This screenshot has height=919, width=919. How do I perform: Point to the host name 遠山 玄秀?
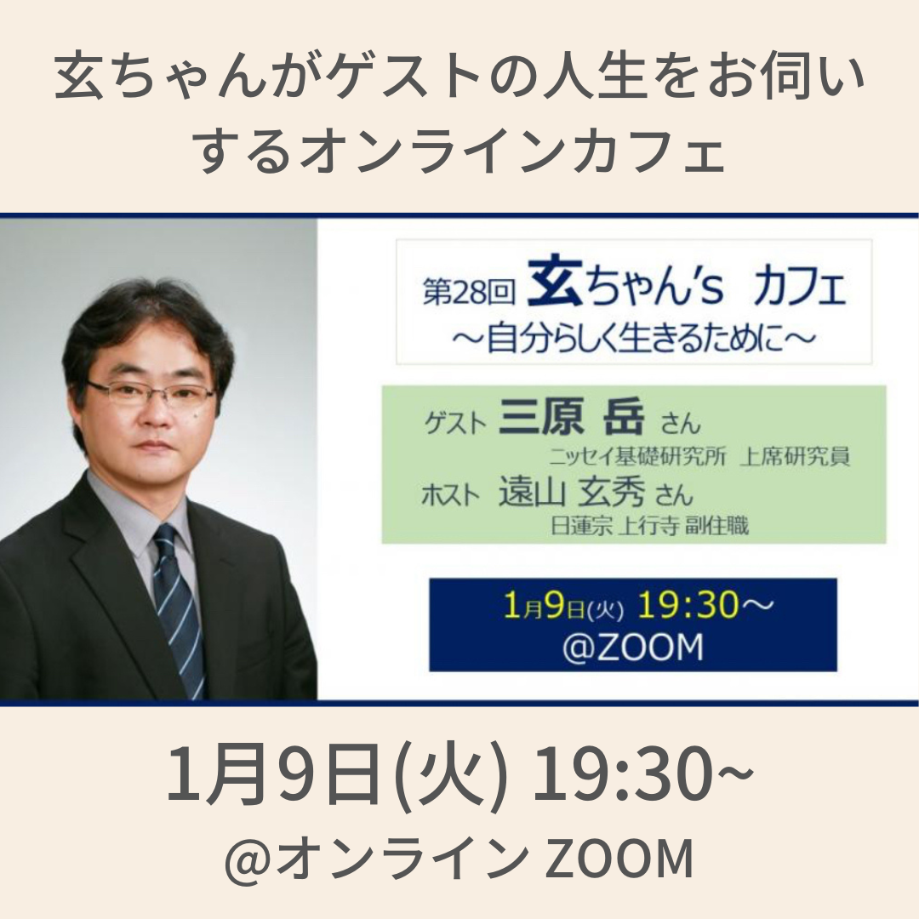(572, 492)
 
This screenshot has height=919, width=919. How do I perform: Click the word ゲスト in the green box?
(455, 422)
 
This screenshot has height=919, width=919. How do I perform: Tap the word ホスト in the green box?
(451, 495)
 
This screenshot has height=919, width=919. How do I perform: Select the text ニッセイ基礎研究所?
(637, 456)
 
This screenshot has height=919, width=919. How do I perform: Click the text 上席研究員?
(794, 456)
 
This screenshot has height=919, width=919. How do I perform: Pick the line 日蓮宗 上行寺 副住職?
(649, 525)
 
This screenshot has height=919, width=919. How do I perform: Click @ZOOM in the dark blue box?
(632, 647)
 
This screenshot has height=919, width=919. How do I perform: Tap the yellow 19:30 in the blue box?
(688, 604)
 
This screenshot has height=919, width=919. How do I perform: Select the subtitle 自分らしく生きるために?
(634, 340)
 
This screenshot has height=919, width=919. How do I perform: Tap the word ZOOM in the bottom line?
(619, 859)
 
